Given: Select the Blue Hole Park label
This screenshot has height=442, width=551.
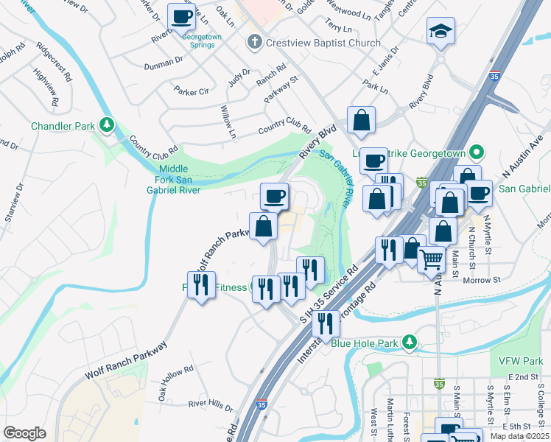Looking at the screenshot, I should pos(364,343).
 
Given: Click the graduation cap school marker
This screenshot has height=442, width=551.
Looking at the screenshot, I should pos(441,31).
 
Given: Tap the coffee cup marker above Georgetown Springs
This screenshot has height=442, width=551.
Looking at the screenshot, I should pos(181,16).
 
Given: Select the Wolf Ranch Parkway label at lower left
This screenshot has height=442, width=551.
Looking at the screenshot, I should pos(125,360).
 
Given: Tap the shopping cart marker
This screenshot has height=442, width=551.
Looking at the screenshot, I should pos(431,259).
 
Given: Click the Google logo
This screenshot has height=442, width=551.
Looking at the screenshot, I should pos(24,433).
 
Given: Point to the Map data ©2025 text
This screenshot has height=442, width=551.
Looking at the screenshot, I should pos(519,436).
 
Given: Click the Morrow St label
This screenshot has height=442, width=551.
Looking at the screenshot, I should pos(482,280).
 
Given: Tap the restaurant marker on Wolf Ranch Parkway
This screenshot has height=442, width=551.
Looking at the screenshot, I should pos(201,284).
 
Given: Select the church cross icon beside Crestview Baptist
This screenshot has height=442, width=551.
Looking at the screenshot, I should pos(254,41).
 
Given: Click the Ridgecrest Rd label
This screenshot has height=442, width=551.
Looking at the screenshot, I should pos(57,66).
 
